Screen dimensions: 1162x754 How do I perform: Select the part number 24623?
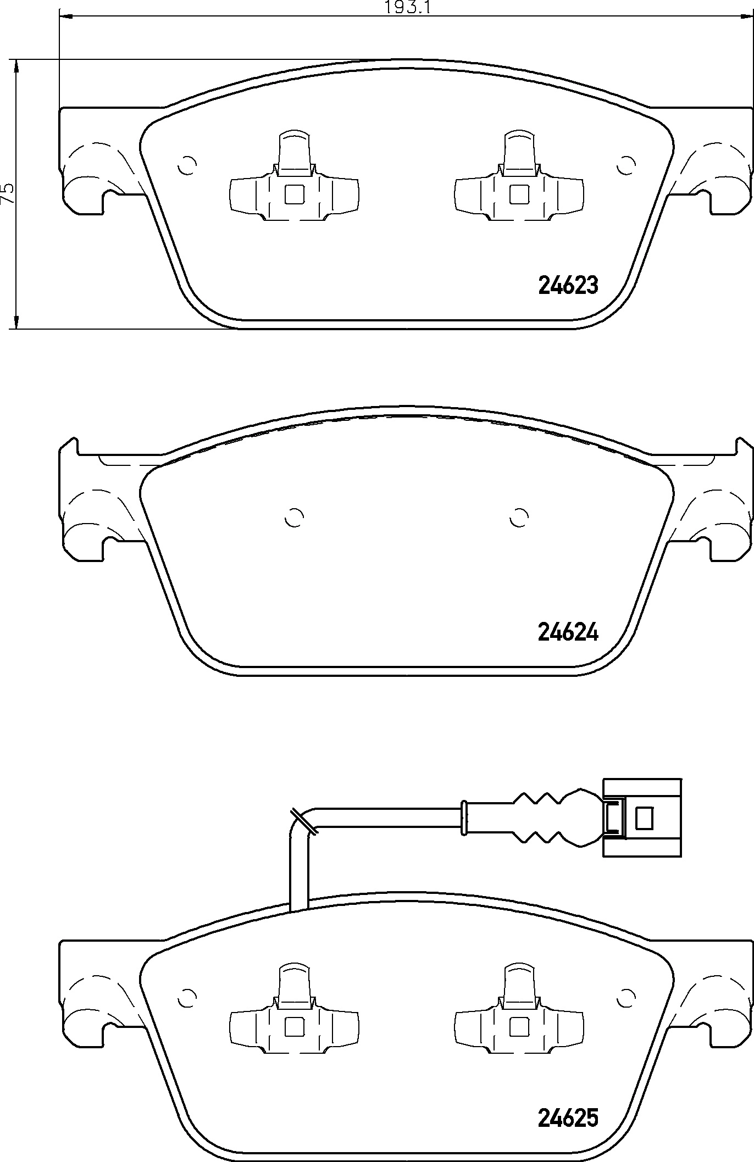tap(568, 286)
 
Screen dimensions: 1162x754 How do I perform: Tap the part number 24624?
tap(568, 633)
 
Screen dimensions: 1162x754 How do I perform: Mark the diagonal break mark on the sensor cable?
tap(303, 822)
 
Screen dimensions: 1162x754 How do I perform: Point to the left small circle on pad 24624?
tap(295, 517)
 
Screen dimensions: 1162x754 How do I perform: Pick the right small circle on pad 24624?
tap(519, 517)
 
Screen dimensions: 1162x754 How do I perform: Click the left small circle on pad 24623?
tap(187, 165)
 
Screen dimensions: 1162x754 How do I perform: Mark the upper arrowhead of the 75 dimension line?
tap(17, 67)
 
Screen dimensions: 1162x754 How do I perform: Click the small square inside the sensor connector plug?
tap(644, 818)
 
